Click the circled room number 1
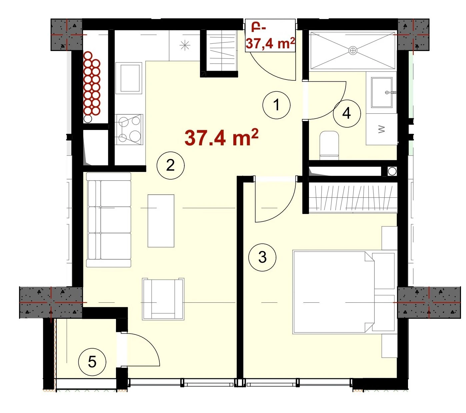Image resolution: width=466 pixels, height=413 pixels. coord(276,105)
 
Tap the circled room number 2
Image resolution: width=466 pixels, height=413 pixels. coord(170,165)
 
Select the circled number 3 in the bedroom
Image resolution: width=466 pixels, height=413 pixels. coord(262,257)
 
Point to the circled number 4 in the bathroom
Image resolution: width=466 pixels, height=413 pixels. coord(347,113)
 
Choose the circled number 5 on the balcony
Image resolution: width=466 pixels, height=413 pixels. coord(92,362)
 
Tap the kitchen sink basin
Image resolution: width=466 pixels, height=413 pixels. coord(129,78)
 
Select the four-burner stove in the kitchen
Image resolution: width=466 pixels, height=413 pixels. coord(129,130)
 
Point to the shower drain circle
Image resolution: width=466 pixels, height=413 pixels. coord(353,50)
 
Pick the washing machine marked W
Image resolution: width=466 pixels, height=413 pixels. coord(382,129)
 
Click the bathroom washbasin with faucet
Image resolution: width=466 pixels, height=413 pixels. coord(382,92)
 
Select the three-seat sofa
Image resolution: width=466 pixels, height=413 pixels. coord(109,220)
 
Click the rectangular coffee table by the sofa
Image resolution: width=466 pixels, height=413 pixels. coord(161,221)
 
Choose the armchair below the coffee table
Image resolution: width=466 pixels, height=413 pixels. coord(163,299)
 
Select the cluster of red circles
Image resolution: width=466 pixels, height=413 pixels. coord(92,84)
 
